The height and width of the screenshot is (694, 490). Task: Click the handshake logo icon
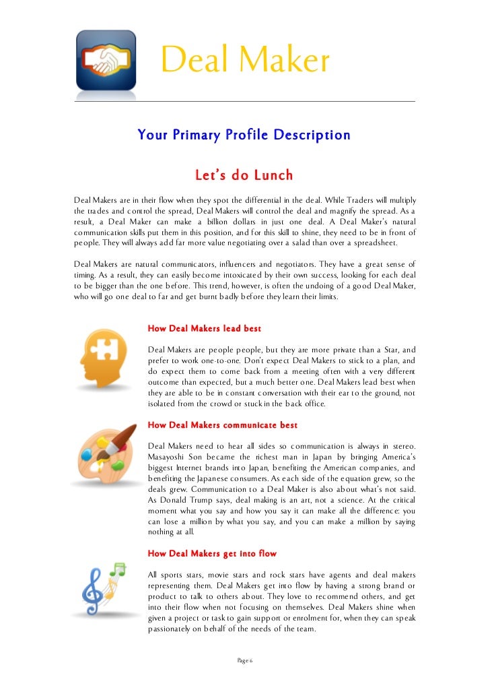106,60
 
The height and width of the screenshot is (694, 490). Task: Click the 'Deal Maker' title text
245,62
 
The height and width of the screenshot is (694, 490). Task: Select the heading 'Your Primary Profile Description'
244,135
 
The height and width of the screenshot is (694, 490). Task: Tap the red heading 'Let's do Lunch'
244,176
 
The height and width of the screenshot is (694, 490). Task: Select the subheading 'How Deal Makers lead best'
204,329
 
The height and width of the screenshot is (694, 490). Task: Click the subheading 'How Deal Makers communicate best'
222,425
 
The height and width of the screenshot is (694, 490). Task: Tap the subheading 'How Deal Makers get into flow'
212,554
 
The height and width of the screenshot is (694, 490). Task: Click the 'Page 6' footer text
244,660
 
